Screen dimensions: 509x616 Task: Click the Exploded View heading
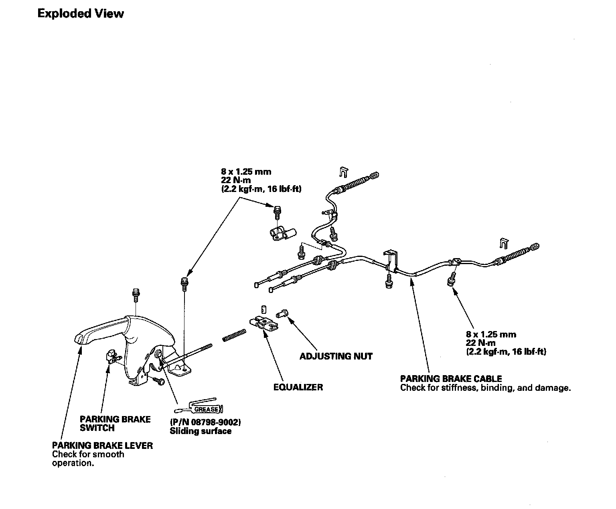[81, 14]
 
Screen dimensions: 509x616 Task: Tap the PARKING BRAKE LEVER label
[102, 445]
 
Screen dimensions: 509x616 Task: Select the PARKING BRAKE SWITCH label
[115, 424]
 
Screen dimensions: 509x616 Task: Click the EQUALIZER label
[298, 387]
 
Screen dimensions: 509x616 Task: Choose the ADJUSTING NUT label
[336, 356]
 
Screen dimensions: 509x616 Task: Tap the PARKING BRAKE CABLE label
[451, 378]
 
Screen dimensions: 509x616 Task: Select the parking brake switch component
[112, 356]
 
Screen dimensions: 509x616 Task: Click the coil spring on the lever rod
[235, 335]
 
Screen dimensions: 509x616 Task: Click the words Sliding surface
[201, 431]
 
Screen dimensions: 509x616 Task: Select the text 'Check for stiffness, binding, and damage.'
[485, 388]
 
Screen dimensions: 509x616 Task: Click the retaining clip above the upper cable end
[342, 172]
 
